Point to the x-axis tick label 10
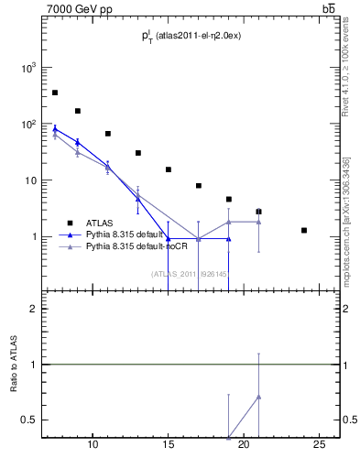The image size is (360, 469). (x=93, y=444)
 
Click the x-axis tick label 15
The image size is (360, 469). (x=168, y=444)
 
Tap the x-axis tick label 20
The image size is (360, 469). (x=244, y=444)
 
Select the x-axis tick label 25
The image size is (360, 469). (x=319, y=444)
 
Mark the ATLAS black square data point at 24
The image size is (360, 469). (x=304, y=230)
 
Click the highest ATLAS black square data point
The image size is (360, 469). (x=55, y=93)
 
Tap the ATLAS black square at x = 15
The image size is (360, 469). (x=169, y=169)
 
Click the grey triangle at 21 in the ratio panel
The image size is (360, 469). (x=259, y=397)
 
